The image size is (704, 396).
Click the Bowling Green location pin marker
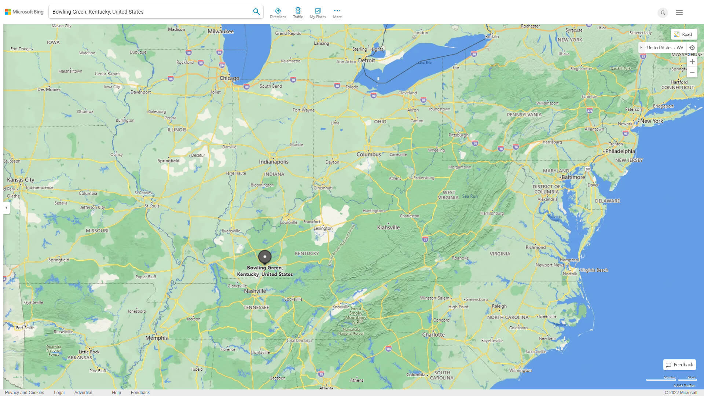point(264,257)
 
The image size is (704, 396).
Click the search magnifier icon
point(256,12)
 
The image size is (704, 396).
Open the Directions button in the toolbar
point(278,13)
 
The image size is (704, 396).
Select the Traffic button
point(298,13)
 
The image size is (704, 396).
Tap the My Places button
point(318,13)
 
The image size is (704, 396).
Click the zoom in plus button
point(692,62)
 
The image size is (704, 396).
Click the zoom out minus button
point(692,72)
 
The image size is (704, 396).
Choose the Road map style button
point(684,34)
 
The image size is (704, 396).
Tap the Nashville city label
point(255,291)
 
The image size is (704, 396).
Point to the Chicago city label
point(229,78)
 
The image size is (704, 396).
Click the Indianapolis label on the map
point(274,162)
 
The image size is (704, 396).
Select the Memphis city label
point(156,338)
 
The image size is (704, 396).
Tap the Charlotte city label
point(433,335)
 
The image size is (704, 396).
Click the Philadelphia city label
point(620,151)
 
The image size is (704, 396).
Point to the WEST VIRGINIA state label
point(448,195)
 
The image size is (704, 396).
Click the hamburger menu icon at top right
point(679,12)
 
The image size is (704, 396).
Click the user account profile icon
point(662,12)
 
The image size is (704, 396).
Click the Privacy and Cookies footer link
point(24,393)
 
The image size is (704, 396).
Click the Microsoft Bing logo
point(24,12)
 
